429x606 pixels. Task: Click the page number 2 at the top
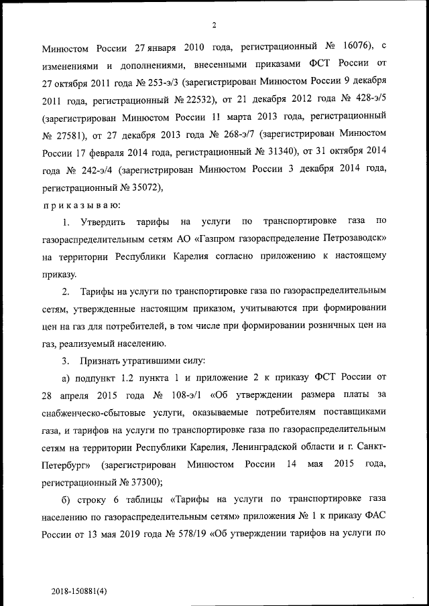[214, 26]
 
